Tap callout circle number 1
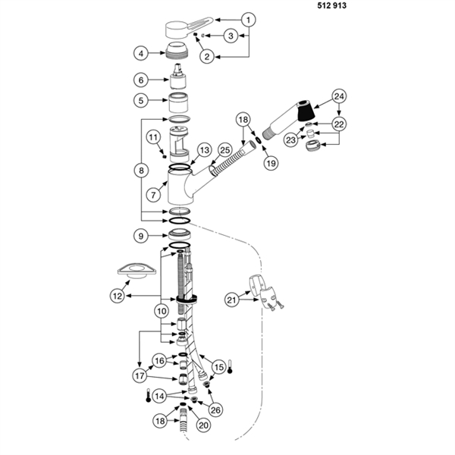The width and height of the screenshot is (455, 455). tap(246, 18)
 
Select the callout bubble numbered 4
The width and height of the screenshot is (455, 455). tap(140, 53)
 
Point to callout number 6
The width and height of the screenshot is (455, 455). tap(140, 80)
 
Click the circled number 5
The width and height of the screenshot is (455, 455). tap(140, 100)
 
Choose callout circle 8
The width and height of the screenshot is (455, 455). tap(140, 171)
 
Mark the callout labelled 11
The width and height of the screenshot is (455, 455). tap(152, 137)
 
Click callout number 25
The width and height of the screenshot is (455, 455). tap(225, 151)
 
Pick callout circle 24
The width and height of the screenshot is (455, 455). tap(338, 96)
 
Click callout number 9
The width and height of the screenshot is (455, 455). tap(140, 236)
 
